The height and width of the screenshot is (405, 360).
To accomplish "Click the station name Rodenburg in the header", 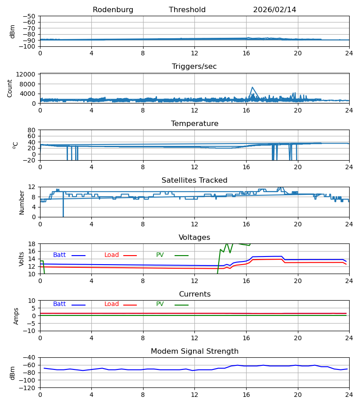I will (x=113, y=10).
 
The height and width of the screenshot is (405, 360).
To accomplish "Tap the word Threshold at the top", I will (x=187, y=10).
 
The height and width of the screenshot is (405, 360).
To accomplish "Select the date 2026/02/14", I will (x=274, y=10).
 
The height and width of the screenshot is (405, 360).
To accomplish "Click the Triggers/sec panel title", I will (x=194, y=67).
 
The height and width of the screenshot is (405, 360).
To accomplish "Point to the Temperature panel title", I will (x=194, y=124).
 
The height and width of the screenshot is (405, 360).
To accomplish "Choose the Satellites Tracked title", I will (x=194, y=180).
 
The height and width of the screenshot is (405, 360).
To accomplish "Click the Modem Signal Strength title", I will (x=194, y=351).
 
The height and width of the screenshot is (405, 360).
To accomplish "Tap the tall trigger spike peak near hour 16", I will (x=252, y=87).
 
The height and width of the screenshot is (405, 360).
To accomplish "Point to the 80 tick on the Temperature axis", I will (x=31, y=130).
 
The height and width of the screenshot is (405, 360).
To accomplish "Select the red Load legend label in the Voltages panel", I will (x=112, y=255).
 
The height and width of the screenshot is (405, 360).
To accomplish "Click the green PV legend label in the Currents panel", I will (x=160, y=304).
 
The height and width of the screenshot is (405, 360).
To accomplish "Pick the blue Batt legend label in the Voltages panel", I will (x=59, y=255).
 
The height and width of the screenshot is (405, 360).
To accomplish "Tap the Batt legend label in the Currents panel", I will (x=59, y=304).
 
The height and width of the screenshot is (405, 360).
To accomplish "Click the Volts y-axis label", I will (x=22, y=259).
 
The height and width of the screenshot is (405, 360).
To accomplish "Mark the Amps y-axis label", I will (x=16, y=316).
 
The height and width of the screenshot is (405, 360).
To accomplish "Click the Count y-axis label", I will (x=10, y=88).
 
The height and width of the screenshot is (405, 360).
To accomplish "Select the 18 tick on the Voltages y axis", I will (x=31, y=244).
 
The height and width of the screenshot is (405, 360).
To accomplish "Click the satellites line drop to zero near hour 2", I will (x=63, y=215).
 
